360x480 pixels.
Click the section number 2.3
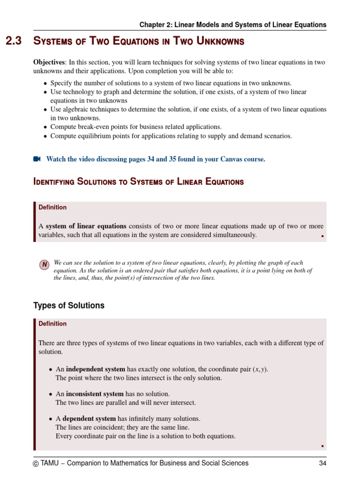(14, 42)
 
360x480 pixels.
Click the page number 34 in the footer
(322, 463)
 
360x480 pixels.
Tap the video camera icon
(37, 159)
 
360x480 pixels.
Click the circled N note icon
(44, 265)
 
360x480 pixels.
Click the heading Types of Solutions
(68, 306)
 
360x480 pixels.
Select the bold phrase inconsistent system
(95, 394)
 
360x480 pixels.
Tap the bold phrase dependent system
(89, 419)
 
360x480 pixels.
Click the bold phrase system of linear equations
(86, 226)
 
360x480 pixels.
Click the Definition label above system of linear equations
(52, 207)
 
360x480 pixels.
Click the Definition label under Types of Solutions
(52, 323)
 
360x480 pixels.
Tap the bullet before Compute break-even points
(45, 127)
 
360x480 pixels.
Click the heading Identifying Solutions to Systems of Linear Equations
(138, 182)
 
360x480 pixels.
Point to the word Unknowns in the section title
(215, 42)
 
